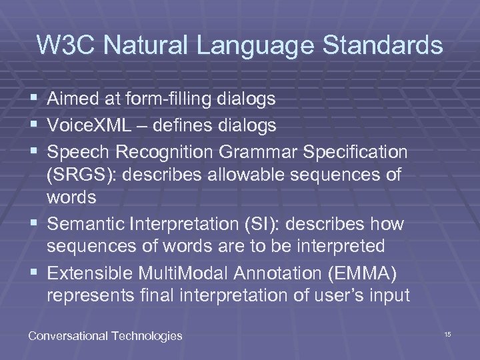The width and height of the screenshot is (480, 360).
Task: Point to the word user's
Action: point(332,296)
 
